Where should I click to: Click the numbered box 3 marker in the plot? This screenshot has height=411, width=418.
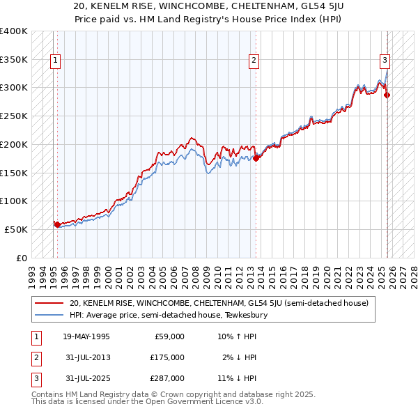385,60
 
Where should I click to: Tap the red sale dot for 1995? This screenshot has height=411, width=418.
56,224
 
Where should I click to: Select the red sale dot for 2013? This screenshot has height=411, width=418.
256,158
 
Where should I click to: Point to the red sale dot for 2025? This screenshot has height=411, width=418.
387,95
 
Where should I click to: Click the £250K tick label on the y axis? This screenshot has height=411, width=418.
14,116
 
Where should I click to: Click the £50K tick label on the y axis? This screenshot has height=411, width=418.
17,229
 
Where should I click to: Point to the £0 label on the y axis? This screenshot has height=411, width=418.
22,258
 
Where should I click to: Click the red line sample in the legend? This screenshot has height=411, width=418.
50,303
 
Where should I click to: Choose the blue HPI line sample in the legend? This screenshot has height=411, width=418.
50,315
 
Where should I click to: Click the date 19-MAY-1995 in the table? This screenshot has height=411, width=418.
86,336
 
